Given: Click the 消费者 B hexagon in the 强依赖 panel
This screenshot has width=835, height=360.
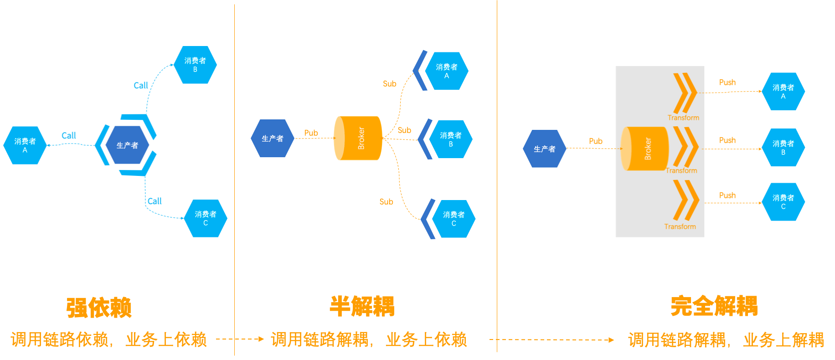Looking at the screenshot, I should coord(196,65).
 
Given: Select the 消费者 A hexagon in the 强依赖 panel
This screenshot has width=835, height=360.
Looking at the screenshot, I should coord(25,145).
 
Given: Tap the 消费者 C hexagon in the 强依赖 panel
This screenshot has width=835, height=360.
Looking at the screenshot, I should coord(206,218).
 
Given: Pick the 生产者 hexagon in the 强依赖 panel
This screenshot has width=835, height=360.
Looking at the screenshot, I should coord(127,145).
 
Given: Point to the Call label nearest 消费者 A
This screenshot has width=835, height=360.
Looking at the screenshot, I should coord(69,135).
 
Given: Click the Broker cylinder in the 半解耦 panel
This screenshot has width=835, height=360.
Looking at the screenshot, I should coord(358,138).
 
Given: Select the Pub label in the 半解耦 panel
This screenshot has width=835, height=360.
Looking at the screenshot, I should coord(311,133).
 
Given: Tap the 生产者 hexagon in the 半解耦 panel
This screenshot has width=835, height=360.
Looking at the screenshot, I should coord(273,138).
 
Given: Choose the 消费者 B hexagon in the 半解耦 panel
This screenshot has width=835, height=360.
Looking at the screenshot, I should coord(451,139).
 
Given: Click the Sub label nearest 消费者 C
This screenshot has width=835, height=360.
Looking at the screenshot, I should coord(386,201).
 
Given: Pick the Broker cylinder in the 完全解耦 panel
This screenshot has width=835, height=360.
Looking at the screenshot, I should coord(645,149).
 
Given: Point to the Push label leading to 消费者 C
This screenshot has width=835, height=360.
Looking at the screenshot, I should coord(727,195).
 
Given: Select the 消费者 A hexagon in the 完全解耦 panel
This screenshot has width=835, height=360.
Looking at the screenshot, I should coord(783,91).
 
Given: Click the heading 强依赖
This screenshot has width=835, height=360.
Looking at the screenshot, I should coord(99,307).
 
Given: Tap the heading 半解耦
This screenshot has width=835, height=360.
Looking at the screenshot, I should coord(362,306).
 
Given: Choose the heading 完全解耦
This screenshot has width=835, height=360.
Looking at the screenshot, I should coord(714,306).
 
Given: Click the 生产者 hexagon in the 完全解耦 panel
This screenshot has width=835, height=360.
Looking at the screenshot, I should coord(545,149).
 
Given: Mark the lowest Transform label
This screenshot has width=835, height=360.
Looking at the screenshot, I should coord(680,226).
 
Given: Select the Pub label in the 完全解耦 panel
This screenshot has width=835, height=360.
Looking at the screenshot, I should coord(595,141).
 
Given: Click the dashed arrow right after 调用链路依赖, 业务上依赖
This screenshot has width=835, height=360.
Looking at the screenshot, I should coord(240,339).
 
